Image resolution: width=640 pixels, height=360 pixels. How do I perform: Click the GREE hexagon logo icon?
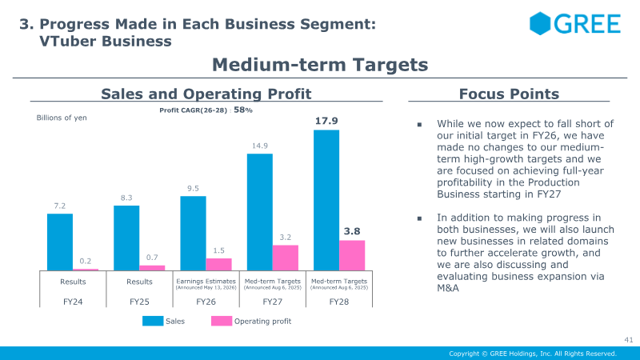pos(540,23)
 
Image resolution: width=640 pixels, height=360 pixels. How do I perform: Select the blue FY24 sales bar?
pos(60,242)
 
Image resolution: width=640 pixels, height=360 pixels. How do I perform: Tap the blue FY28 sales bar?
pos(326,201)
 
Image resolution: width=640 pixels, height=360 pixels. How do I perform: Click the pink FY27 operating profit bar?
pos(286,258)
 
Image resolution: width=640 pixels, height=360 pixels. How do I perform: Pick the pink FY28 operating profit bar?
pos(352,255)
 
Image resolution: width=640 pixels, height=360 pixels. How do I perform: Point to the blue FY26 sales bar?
pos(193,234)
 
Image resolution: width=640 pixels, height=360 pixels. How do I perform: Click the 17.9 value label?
pos(326,121)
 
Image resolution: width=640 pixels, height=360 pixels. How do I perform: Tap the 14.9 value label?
pos(259,146)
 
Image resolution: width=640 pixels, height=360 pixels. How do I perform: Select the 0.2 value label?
pos(86,261)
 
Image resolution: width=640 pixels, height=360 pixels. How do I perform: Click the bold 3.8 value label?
pos(352,231)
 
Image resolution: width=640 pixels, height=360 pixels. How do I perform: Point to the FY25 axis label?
pos(139,302)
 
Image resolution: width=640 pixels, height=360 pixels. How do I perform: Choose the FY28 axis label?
pos(339,302)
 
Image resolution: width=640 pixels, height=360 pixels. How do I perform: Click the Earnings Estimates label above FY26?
pos(206,282)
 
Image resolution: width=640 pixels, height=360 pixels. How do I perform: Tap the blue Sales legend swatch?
pos(153,321)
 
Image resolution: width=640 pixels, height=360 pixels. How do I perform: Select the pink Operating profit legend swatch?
pos(222,321)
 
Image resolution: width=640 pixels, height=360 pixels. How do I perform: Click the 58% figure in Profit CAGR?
pos(243,110)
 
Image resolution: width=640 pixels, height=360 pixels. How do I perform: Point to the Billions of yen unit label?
pos(62,118)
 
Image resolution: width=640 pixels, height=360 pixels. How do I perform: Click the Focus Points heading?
pos(509,94)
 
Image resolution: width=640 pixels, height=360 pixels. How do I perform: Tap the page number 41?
pos(629,339)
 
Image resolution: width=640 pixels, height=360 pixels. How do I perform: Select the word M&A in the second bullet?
pos(448,288)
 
